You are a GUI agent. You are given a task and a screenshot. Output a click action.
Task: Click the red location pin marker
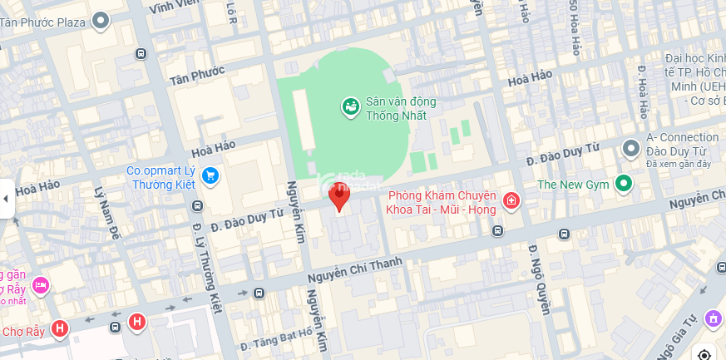339,196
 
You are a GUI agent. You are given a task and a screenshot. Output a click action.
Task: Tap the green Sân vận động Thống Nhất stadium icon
351,106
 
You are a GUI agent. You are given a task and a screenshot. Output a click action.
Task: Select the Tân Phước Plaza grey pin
101,21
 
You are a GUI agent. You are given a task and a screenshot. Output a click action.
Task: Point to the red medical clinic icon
511,200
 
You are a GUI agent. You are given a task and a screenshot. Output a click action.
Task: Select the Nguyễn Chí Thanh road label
354,272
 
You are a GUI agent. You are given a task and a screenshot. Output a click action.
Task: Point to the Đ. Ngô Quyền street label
541,280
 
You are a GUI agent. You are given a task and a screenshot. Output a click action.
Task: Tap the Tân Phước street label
197,76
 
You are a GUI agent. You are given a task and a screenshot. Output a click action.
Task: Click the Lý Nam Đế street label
109,215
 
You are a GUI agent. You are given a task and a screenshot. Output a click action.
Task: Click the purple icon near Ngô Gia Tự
713,318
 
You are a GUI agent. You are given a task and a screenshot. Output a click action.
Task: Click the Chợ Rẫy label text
22,331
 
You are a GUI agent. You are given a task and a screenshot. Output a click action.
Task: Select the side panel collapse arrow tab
7,199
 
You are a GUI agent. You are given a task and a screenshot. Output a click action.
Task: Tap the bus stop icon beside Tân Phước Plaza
141,53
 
